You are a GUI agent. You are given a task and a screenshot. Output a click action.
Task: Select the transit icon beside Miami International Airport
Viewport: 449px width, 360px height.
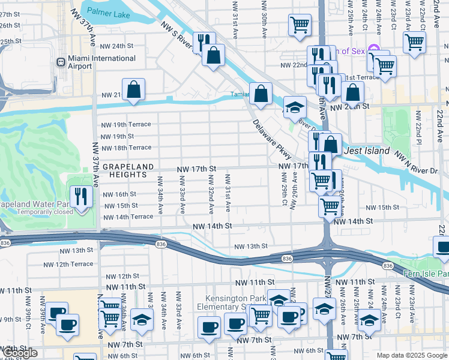tap(61, 62)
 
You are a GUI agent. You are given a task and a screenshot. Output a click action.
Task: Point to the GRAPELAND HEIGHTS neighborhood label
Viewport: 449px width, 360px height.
tap(124, 170)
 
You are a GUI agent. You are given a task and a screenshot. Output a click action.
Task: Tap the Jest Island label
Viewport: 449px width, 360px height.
tap(367, 151)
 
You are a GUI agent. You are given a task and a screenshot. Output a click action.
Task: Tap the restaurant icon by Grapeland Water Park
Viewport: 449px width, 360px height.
tap(79, 196)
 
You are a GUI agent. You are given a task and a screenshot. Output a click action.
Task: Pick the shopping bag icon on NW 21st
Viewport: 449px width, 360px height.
tap(134, 90)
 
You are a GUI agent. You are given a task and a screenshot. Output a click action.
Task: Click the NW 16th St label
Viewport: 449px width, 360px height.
tap(119, 194)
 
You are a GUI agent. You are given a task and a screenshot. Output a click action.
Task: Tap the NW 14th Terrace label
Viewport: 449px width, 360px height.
tap(128, 217)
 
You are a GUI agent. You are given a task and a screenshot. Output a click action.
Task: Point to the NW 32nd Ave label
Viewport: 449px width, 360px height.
tap(211, 194)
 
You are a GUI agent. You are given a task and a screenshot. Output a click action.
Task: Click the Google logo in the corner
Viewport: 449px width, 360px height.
tap(20, 353)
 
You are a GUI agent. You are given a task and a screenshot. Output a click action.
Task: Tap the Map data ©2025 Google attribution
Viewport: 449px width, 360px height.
tap(412, 355)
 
